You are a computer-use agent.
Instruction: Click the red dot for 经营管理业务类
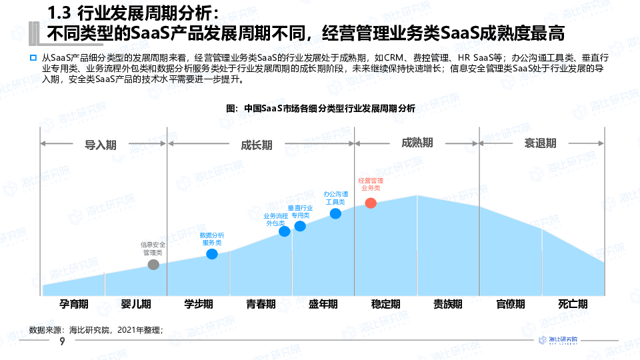pos(371,203)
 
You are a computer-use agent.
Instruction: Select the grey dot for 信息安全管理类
pos(153,265)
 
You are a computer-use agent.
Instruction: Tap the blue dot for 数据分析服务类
pos(212,254)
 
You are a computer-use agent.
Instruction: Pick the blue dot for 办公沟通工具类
pos(335,213)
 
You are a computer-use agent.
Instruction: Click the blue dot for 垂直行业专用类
pos(300,226)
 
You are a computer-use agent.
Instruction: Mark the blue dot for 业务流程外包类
pos(285,231)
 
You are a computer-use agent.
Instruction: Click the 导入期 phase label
pos(100,144)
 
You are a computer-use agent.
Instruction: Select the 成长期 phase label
pos(256,144)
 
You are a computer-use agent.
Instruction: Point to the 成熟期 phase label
pos(417,143)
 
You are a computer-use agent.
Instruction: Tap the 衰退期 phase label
pos(540,143)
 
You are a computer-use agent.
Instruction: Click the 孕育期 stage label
pos(73,304)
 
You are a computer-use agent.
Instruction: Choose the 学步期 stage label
pos(199,304)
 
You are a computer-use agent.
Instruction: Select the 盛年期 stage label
pos(323,304)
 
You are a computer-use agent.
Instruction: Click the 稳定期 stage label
pos(385,304)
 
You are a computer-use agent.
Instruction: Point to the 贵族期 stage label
pos(448,304)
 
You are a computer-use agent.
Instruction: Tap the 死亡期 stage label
pos(573,304)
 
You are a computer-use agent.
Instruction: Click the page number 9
pos(62,341)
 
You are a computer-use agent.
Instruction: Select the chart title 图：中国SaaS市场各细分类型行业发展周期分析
pos(320,108)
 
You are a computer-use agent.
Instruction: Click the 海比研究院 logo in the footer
pos(559,341)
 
